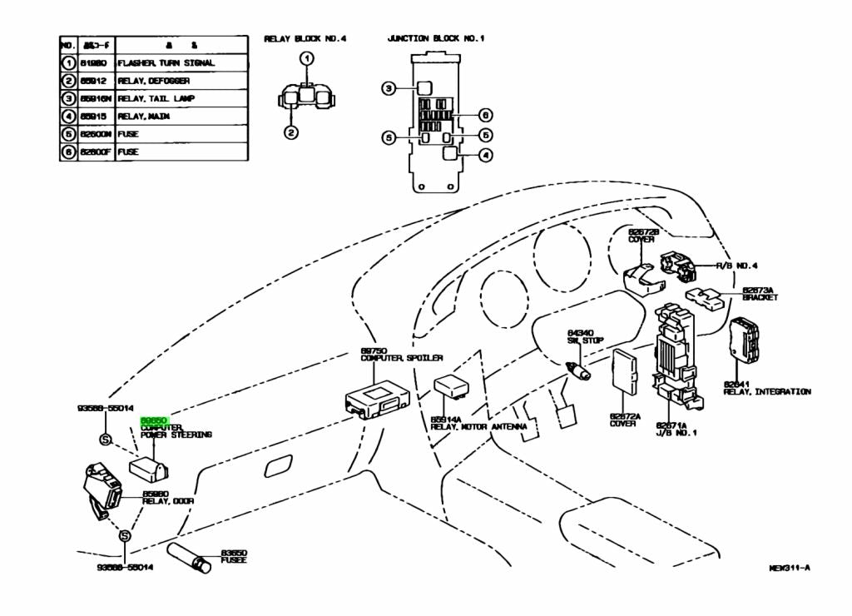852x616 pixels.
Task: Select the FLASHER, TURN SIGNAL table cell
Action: coord(166,63)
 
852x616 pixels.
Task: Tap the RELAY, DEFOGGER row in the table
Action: coord(154,81)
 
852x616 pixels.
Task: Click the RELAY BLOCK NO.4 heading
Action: coord(305,38)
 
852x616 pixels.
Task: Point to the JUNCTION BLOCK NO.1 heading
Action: coord(435,38)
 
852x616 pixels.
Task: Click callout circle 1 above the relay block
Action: coord(307,58)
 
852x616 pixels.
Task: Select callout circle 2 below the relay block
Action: coord(290,132)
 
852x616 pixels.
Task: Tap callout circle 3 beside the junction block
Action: coord(388,87)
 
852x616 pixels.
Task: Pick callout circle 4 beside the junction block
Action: coord(485,154)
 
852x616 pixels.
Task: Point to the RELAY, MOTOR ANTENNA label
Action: coord(478,426)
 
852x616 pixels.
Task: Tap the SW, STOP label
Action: coord(586,340)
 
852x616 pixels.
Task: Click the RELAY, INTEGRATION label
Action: coord(767,391)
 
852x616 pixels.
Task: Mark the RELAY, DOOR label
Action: coord(168,501)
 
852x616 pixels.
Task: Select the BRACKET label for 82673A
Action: coord(760,297)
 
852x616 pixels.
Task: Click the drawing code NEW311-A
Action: coord(789,569)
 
